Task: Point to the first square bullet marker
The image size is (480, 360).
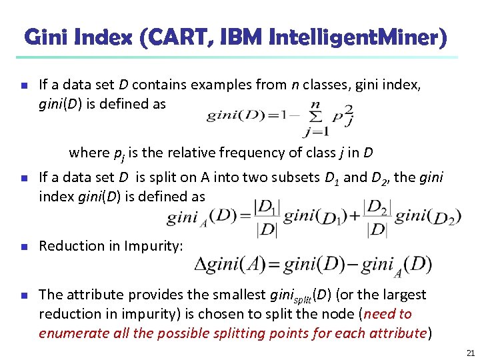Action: [x=23, y=86]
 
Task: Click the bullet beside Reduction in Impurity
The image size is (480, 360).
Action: [x=23, y=246]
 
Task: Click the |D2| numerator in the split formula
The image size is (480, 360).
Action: [x=377, y=207]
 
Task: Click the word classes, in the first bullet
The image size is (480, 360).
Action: [x=331, y=85]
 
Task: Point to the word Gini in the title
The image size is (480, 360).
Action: [x=46, y=37]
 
